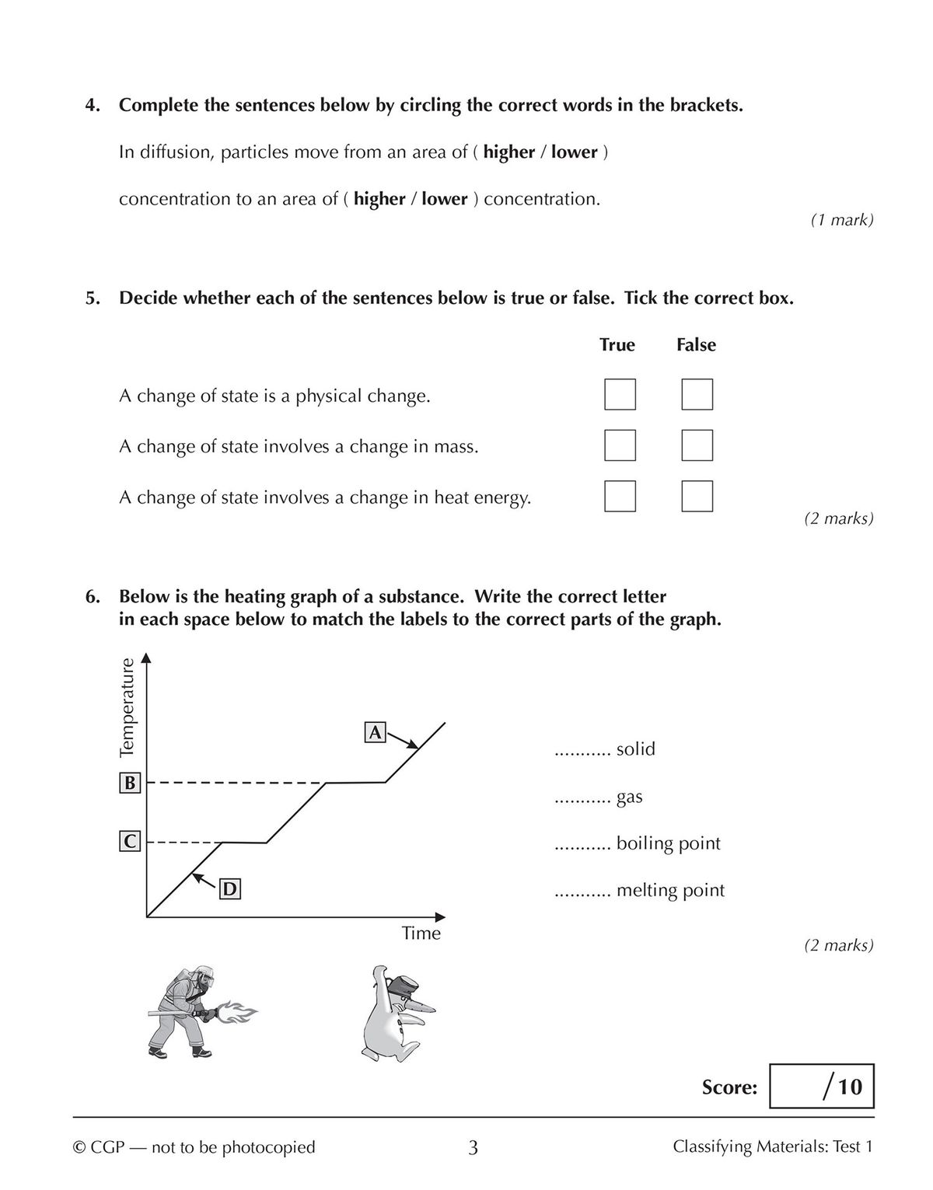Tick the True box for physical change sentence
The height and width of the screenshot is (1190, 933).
pyautogui.click(x=620, y=394)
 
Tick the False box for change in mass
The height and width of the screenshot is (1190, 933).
pyautogui.click(x=697, y=445)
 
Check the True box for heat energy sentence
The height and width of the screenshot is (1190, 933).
pyautogui.click(x=620, y=496)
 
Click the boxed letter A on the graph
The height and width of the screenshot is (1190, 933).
pyautogui.click(x=375, y=732)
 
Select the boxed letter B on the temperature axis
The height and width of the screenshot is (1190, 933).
pyautogui.click(x=129, y=783)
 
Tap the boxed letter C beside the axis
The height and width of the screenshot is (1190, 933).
pyautogui.click(x=129, y=841)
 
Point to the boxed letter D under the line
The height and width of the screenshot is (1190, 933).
pyautogui.click(x=229, y=888)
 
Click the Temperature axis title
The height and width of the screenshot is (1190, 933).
pyautogui.click(x=128, y=707)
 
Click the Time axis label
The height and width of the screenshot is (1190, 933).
pyautogui.click(x=421, y=933)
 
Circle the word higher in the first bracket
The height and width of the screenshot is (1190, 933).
pyautogui.click(x=508, y=152)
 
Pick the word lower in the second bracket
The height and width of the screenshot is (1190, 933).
pyautogui.click(x=444, y=199)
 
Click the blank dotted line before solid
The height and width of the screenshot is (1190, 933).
pyautogui.click(x=582, y=751)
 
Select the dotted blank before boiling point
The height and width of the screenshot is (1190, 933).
pyautogui.click(x=582, y=845)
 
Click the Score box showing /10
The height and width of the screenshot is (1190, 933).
pyautogui.click(x=821, y=1086)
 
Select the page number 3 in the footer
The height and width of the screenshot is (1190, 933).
pyautogui.click(x=473, y=1147)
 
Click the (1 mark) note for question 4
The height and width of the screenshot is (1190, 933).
pyautogui.click(x=842, y=220)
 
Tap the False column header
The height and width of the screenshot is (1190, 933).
pyautogui.click(x=696, y=344)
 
